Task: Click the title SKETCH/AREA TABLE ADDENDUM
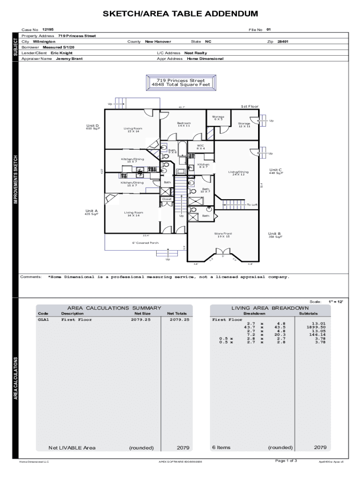[x=180, y=14]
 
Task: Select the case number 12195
[x=48, y=29]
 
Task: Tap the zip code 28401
[x=282, y=42]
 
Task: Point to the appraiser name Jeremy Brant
[x=69, y=59]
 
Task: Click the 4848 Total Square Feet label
[x=181, y=85]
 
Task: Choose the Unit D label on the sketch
[x=93, y=126]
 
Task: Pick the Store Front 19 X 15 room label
[x=223, y=235]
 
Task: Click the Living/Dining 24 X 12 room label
[x=238, y=173]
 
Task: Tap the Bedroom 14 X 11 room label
[x=184, y=124]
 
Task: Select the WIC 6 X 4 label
[x=201, y=147]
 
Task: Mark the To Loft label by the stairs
[x=252, y=205]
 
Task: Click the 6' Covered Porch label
[x=145, y=243]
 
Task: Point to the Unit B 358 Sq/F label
[x=275, y=235]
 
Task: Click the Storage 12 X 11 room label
[x=244, y=125]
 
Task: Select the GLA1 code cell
[x=43, y=320]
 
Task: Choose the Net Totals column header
[x=177, y=313]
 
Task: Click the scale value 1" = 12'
[x=336, y=302]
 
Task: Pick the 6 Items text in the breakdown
[x=221, y=448]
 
